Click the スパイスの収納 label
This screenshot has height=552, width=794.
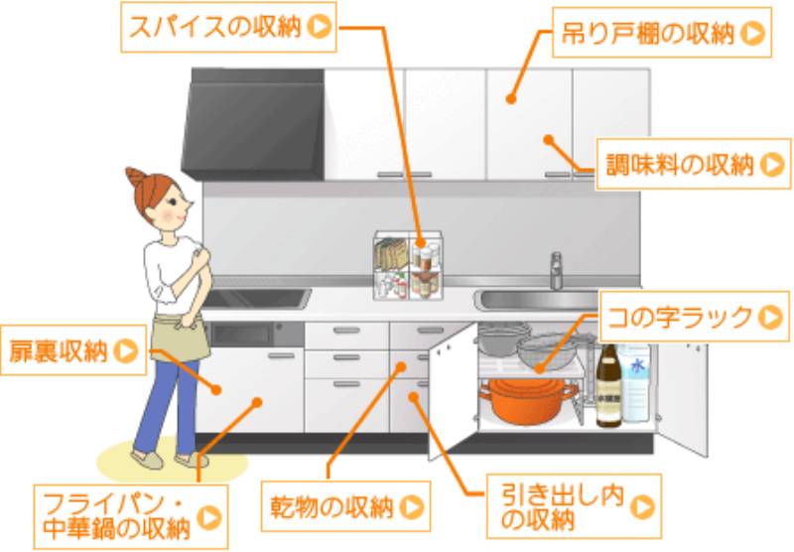(x=228, y=27)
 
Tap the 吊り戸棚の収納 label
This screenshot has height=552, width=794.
(x=662, y=33)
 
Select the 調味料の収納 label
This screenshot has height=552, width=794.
(x=693, y=164)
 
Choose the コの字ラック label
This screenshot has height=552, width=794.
(x=694, y=317)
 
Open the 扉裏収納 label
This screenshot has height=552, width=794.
(x=73, y=349)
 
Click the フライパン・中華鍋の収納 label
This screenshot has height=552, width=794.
(x=131, y=516)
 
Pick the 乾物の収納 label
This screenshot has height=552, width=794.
(x=345, y=506)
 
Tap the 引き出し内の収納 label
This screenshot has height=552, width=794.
(x=574, y=506)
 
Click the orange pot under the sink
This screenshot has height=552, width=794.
(x=528, y=400)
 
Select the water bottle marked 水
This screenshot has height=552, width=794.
(x=635, y=383)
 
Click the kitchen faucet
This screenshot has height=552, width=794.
(x=556, y=271)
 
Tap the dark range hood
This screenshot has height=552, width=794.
(x=253, y=124)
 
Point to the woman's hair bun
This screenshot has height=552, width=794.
(x=135, y=178)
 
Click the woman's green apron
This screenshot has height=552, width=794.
(x=182, y=337)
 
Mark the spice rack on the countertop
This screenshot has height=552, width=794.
(x=408, y=266)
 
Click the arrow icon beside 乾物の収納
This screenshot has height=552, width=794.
(x=412, y=506)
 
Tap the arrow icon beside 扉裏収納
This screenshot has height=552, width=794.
(x=126, y=350)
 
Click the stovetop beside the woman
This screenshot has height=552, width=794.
(x=256, y=298)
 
